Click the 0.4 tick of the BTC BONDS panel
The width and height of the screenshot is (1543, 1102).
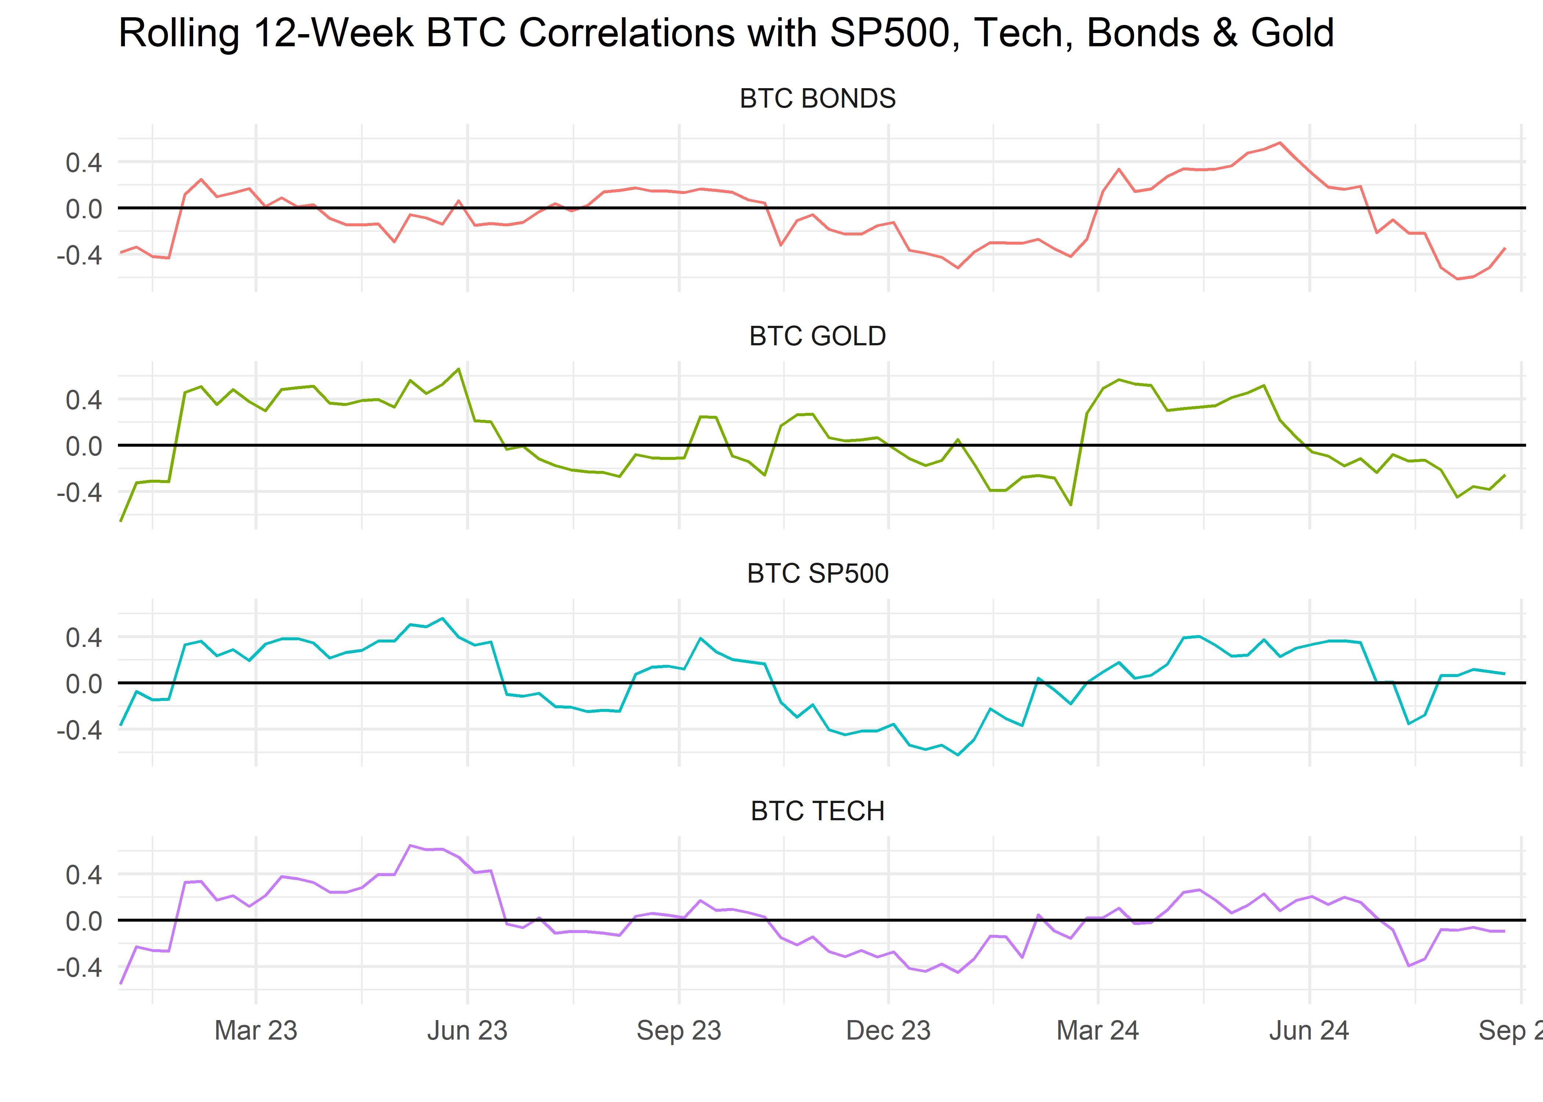(83, 163)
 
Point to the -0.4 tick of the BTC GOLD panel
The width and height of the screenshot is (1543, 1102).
(79, 493)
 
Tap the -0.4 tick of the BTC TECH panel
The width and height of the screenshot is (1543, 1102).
(79, 968)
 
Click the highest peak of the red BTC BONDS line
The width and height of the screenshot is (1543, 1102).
(1280, 143)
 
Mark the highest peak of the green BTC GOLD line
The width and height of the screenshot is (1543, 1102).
(459, 369)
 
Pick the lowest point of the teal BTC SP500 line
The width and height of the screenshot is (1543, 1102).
(958, 755)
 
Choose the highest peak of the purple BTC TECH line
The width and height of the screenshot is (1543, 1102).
(410, 846)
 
